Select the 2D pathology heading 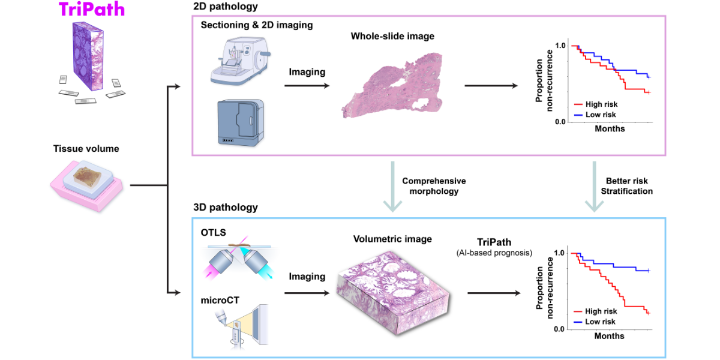pos(226,7)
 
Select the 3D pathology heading pos(226,208)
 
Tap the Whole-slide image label pos(392,37)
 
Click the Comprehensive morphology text pos(434,186)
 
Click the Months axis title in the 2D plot pos(610,129)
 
